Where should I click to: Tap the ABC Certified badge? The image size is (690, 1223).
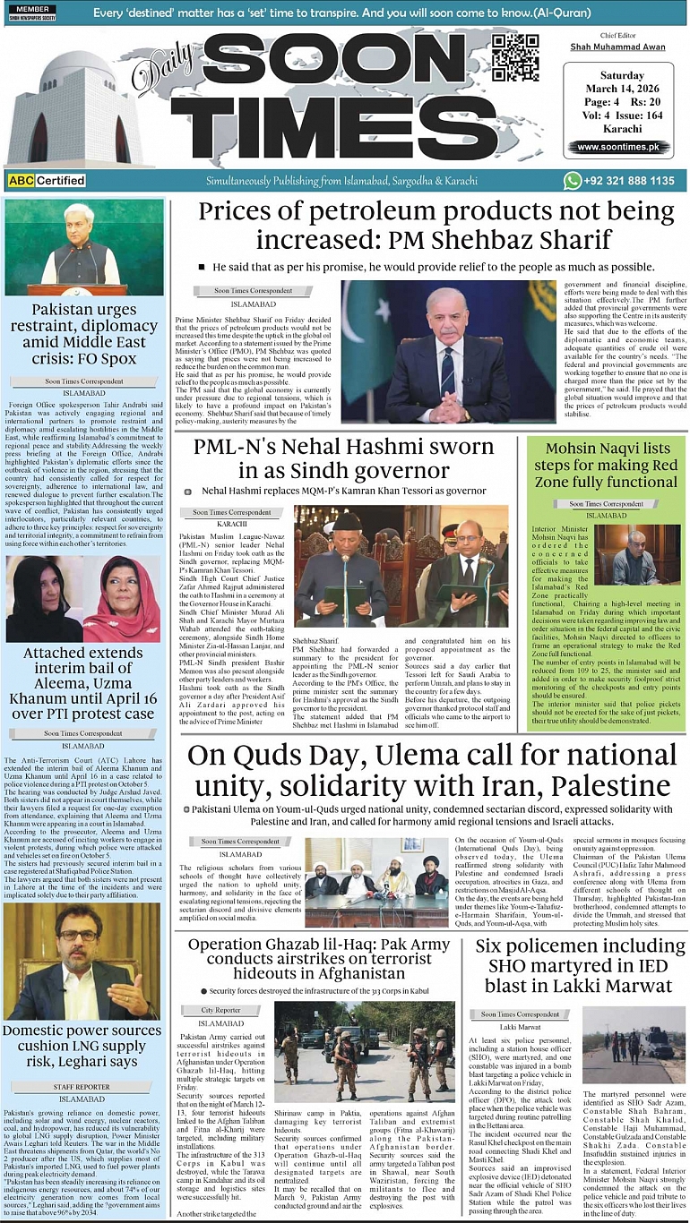point(47,181)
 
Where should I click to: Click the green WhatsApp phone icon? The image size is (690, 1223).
point(573,181)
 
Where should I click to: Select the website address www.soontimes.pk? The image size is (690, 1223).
point(617,148)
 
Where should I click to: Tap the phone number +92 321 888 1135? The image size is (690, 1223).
point(631,181)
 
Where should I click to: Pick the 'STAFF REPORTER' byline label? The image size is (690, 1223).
point(82,1086)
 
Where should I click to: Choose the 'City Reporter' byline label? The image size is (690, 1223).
point(220,1010)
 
